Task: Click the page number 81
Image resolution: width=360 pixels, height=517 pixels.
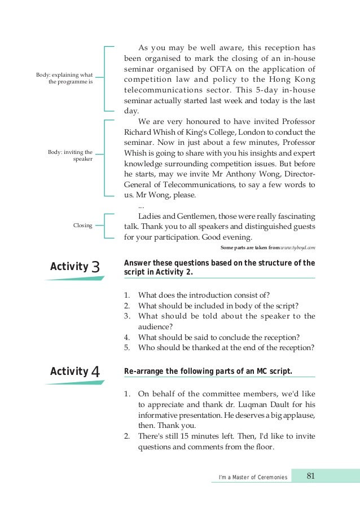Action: coord(310,476)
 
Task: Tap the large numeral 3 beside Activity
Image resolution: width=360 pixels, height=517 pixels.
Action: coord(96,267)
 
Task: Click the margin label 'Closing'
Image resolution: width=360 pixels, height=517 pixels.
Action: coord(83,226)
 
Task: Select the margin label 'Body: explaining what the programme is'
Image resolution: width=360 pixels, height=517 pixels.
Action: coord(64,78)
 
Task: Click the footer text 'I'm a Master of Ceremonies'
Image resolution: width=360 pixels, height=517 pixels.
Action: coord(253,478)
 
